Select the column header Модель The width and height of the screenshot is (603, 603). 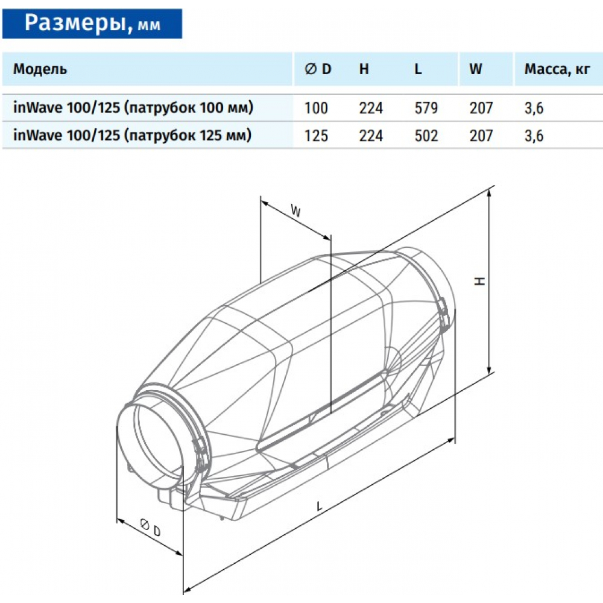[40, 69]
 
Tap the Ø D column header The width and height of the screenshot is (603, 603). [318, 69]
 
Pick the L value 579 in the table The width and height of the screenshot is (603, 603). [425, 109]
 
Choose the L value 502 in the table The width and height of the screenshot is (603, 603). [425, 136]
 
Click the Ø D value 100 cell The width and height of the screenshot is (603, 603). [316, 109]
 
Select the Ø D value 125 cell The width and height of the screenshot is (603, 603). [316, 136]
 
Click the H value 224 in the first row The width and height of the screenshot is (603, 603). [370, 109]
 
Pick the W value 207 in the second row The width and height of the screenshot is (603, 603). [481, 136]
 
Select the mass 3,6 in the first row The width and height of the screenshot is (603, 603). [534, 109]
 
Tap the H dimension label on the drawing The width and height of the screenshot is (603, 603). [479, 281]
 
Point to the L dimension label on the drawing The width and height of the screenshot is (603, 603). [318, 507]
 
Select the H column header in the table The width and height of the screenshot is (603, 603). [364, 69]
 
